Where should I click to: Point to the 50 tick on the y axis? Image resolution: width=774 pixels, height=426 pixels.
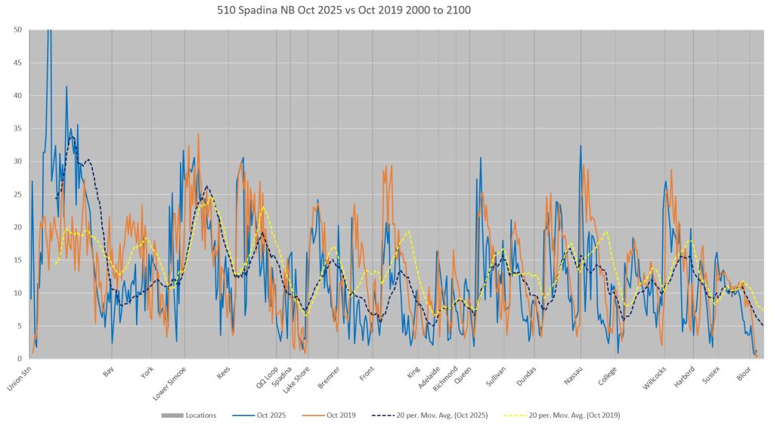tap(17, 29)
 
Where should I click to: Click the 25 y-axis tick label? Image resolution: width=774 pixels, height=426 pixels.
tap(17, 194)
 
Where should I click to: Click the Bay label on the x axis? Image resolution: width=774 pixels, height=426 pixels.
tap(109, 371)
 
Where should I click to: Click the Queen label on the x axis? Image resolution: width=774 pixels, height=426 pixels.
tap(463, 372)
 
